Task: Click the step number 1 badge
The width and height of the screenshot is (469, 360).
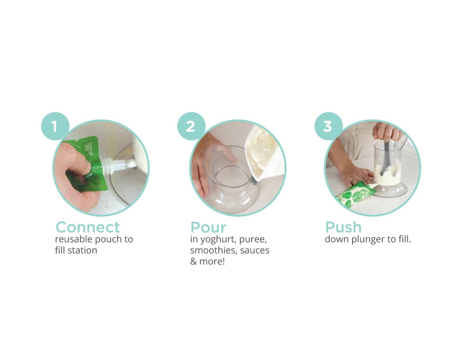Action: (x=55, y=127)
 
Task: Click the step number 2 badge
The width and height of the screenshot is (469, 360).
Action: (x=191, y=127)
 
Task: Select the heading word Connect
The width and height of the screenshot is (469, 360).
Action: (x=88, y=227)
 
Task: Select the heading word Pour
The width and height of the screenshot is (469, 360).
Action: (x=208, y=227)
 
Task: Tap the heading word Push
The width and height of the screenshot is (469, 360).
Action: (x=343, y=227)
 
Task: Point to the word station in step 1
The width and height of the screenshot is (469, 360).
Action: (x=82, y=250)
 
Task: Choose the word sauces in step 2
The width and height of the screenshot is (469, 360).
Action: (x=255, y=250)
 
